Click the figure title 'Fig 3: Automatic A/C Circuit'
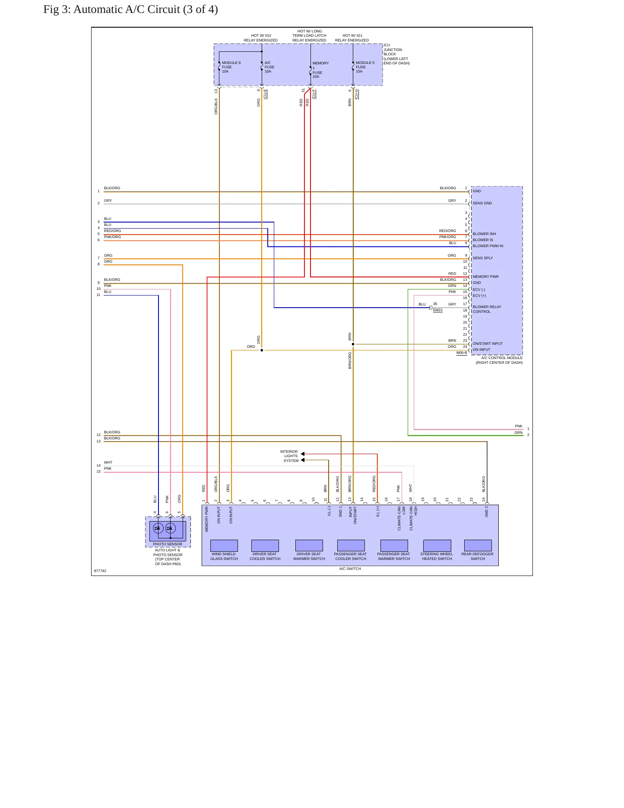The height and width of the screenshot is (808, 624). [x=111, y=10]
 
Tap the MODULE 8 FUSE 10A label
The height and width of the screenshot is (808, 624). [x=231, y=67]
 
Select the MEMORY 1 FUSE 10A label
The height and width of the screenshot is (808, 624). [x=320, y=70]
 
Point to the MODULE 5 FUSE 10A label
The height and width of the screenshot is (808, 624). [x=365, y=67]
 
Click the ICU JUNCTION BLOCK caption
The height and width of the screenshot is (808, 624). [x=396, y=54]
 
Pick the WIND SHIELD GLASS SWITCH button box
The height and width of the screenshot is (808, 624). [x=224, y=545]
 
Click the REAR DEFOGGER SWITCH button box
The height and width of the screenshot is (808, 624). [x=478, y=545]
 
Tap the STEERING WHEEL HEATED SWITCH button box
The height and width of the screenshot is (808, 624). [x=437, y=545]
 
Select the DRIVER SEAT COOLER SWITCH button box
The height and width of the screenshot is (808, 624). [x=265, y=545]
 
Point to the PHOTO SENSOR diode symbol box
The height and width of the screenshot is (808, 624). [x=168, y=531]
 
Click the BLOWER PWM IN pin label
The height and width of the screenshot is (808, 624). [x=488, y=246]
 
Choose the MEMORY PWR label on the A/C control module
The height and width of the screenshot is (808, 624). [x=485, y=277]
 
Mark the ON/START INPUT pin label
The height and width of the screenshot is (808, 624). [x=488, y=344]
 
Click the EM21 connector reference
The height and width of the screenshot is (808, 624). [x=438, y=310]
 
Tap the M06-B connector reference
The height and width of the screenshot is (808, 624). [x=462, y=353]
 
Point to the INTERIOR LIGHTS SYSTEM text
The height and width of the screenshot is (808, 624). [x=289, y=456]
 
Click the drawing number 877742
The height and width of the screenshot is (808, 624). [x=100, y=571]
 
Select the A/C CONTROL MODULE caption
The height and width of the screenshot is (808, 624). [x=499, y=360]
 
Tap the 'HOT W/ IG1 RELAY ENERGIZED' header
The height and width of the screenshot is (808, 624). [x=352, y=38]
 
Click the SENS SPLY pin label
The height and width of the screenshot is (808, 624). [x=483, y=258]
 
